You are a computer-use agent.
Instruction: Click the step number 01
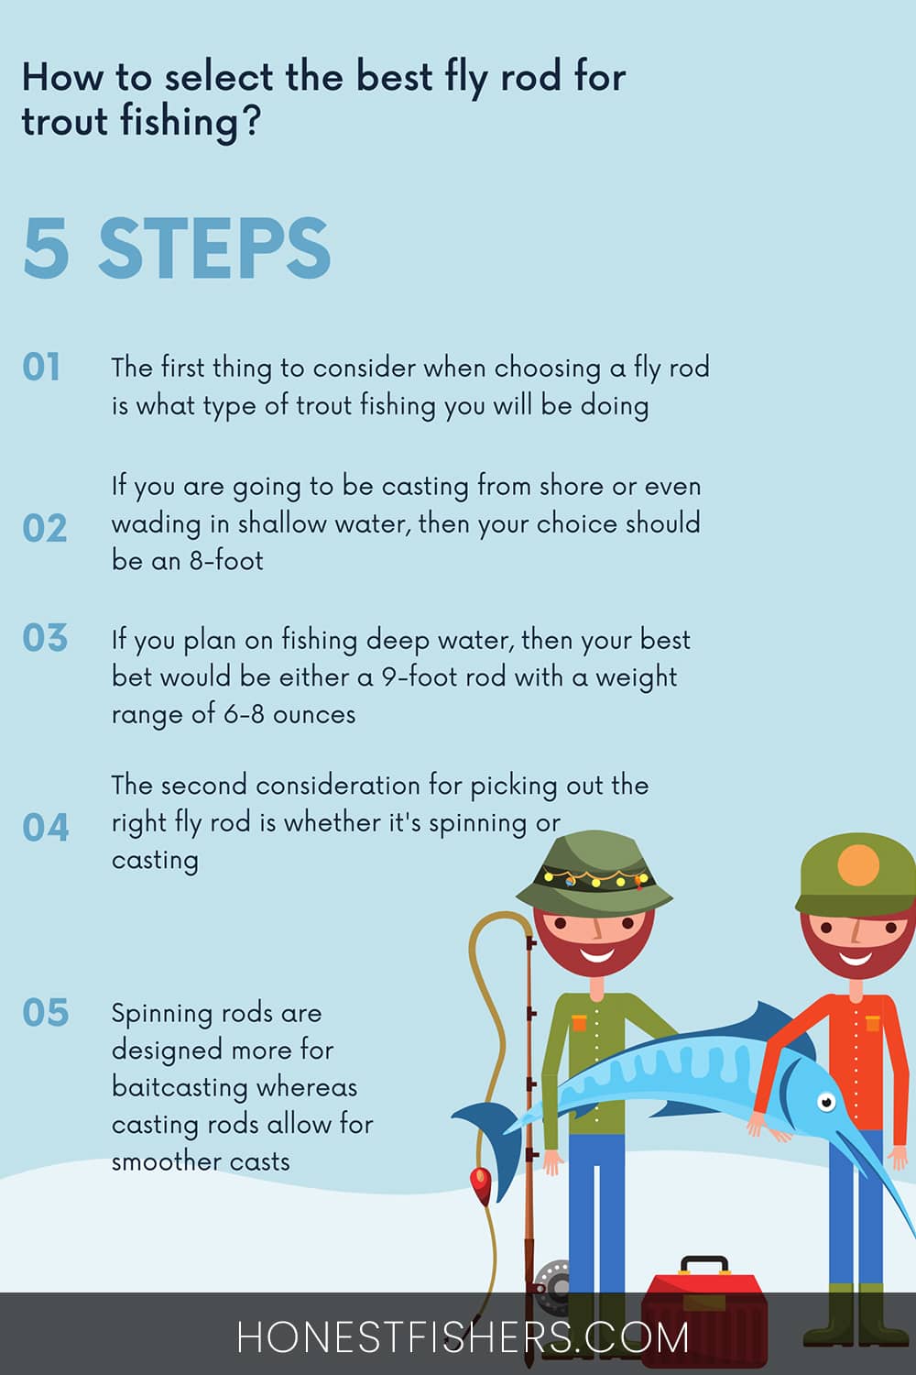click(x=41, y=367)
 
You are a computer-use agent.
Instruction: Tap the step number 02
click(x=44, y=528)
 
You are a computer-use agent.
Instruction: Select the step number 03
click(x=45, y=637)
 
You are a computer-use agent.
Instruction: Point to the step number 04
click(x=46, y=827)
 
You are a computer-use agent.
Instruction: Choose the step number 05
click(x=46, y=1012)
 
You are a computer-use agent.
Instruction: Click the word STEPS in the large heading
click(x=214, y=248)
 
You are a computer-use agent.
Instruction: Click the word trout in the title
click(x=65, y=121)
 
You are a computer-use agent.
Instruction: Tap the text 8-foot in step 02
click(x=226, y=560)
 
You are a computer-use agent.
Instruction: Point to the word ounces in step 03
click(x=314, y=715)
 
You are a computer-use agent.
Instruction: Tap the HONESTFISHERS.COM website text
click(x=463, y=1338)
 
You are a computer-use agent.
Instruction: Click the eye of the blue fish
click(x=826, y=1102)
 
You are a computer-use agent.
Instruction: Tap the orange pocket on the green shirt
click(x=579, y=1023)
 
